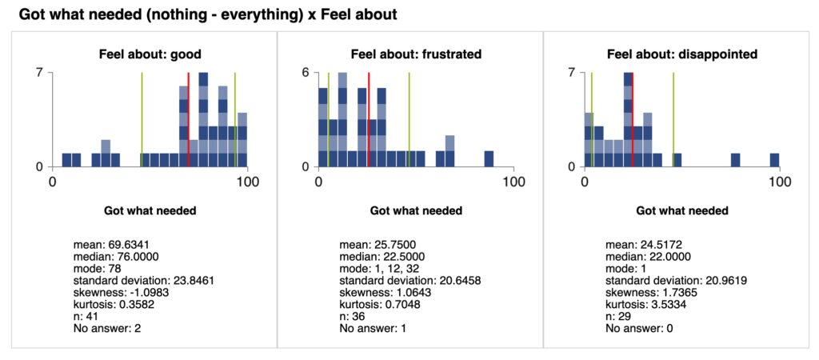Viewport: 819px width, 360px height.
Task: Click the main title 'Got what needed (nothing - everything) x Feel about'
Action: (x=207, y=15)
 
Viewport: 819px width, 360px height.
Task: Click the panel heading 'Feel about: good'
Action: (x=150, y=54)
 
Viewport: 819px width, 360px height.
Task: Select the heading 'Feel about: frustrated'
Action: (x=416, y=54)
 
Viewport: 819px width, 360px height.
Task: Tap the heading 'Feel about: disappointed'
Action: (x=681, y=54)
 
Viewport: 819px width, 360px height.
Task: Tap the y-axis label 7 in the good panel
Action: (x=39, y=73)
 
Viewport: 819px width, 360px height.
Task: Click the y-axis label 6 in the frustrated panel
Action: (x=306, y=73)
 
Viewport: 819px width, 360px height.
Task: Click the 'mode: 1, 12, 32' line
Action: (x=381, y=268)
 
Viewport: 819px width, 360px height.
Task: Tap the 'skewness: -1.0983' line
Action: (x=118, y=293)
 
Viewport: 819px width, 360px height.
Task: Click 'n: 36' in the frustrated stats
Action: (x=351, y=317)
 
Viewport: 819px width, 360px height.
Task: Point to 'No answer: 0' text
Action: (x=638, y=329)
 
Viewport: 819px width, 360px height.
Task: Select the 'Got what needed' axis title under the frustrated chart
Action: (x=416, y=210)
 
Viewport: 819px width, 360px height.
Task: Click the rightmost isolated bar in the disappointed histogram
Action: (x=774, y=159)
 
